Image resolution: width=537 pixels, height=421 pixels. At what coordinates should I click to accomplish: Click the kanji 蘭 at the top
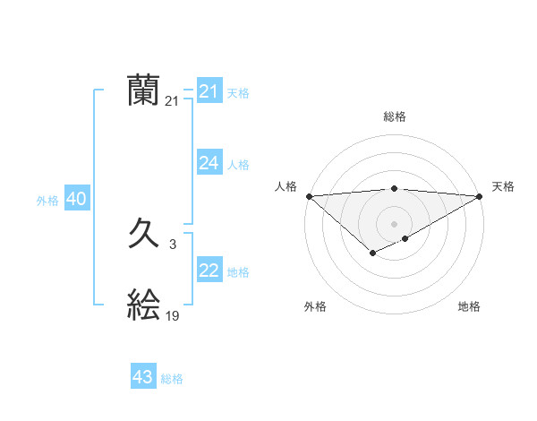point(144,91)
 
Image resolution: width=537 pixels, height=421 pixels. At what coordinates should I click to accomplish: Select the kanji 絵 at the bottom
point(144,306)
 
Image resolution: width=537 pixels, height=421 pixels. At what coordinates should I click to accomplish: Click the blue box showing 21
point(209,91)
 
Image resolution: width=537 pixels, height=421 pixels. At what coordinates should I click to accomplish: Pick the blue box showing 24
point(209,163)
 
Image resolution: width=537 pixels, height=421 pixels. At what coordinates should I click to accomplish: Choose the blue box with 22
point(209,271)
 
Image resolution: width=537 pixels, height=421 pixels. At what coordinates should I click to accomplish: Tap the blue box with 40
point(76,200)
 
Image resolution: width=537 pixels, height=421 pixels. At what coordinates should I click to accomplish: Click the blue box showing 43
point(143,377)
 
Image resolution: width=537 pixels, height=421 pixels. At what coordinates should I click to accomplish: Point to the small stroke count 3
point(172,244)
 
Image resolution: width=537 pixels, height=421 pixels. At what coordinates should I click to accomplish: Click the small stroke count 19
point(172,315)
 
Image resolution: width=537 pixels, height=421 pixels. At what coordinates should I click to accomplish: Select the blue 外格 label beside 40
point(47,201)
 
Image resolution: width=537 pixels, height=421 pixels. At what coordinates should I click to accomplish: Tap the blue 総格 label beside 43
point(172,379)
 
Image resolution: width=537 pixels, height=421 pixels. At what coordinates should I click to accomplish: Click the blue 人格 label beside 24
point(238,165)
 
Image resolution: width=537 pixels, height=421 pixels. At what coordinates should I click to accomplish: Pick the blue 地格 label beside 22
point(238,272)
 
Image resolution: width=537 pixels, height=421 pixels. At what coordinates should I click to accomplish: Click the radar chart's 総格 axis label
point(394,116)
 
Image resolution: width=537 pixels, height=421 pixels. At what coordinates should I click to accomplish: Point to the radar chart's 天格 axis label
point(503,186)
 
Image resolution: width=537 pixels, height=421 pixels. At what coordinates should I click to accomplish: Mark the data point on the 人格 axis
point(309,195)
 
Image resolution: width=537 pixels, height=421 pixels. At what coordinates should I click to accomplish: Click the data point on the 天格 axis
point(479,195)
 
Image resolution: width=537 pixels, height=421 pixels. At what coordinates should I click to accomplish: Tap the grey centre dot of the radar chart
point(394,223)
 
